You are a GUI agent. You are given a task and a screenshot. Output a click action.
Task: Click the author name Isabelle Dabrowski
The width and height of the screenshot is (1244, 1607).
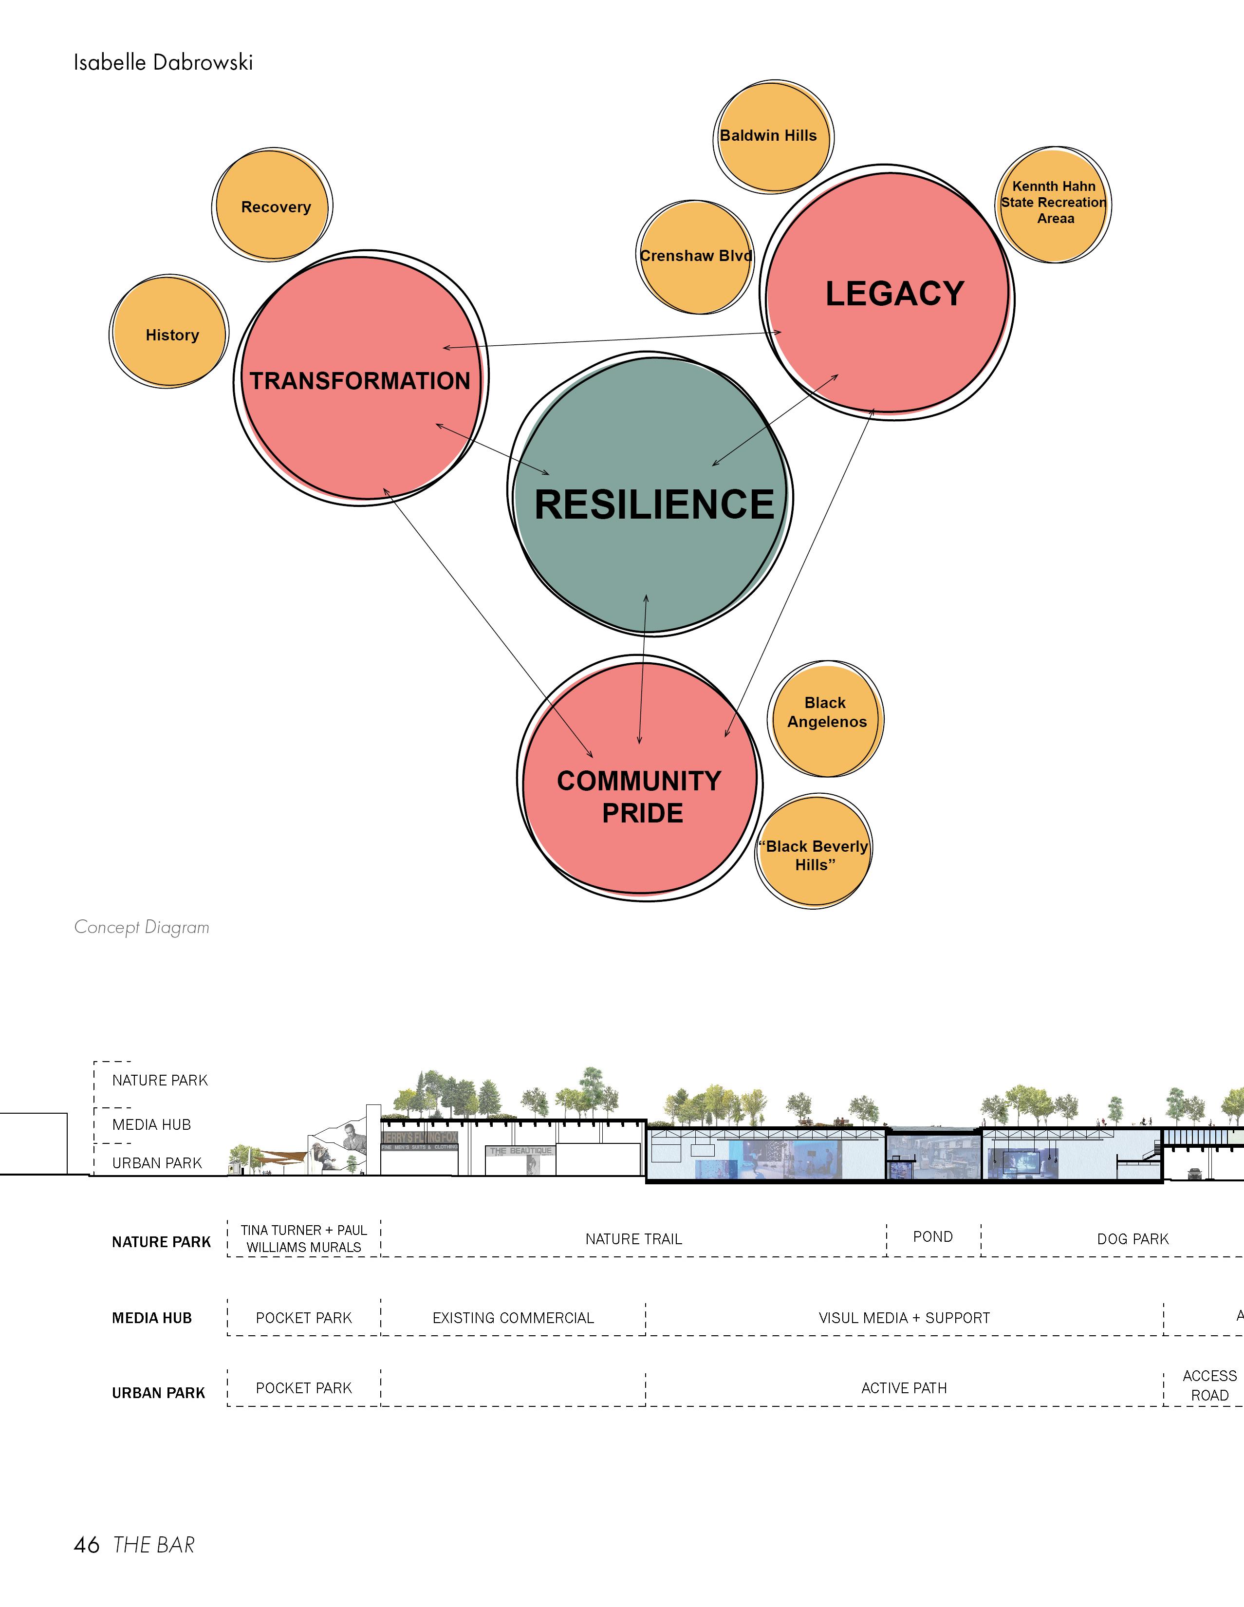[x=163, y=62]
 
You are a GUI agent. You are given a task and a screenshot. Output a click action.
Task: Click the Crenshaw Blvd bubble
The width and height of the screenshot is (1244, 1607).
[x=694, y=257]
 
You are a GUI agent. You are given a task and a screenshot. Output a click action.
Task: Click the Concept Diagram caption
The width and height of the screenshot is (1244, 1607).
[x=142, y=927]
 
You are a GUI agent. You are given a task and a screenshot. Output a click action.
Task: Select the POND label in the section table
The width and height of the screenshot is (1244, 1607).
[x=933, y=1237]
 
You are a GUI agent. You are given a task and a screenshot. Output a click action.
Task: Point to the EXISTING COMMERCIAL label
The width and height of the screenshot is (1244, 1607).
[x=513, y=1318]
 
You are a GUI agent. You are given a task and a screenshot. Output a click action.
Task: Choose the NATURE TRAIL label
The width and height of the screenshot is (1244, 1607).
[x=633, y=1239]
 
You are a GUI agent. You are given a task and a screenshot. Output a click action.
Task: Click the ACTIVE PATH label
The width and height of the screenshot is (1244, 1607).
[x=904, y=1388]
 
